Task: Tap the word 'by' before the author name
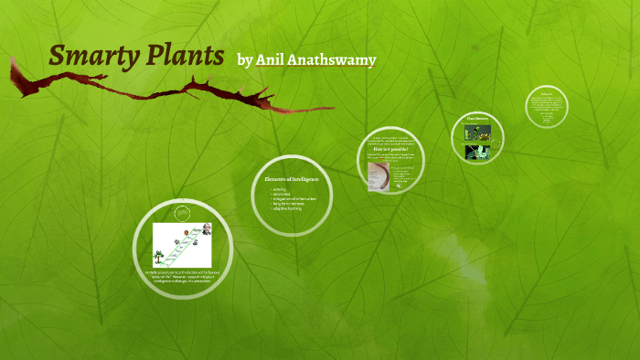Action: pyautogui.click(x=244, y=60)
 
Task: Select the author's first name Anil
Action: pyautogui.click(x=271, y=60)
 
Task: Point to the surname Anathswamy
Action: pyautogui.click(x=332, y=61)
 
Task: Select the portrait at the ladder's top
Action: pyautogui.click(x=207, y=228)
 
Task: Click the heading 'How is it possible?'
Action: pyautogui.click(x=396, y=149)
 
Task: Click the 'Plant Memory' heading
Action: pyautogui.click(x=478, y=119)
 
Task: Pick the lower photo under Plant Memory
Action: pyautogui.click(x=477, y=151)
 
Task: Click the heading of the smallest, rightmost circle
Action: pyautogui.click(x=547, y=94)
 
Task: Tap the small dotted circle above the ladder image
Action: pyautogui.click(x=183, y=212)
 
